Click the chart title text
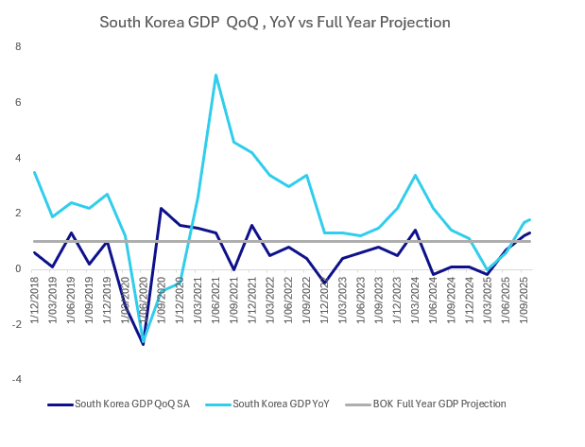(x=275, y=21)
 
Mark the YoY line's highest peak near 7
(x=216, y=75)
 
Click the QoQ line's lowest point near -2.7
(x=144, y=345)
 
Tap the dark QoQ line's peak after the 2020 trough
(x=162, y=208)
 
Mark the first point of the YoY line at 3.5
(x=34, y=172)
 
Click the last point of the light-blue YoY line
(x=529, y=219)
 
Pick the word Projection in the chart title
(x=412, y=21)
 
